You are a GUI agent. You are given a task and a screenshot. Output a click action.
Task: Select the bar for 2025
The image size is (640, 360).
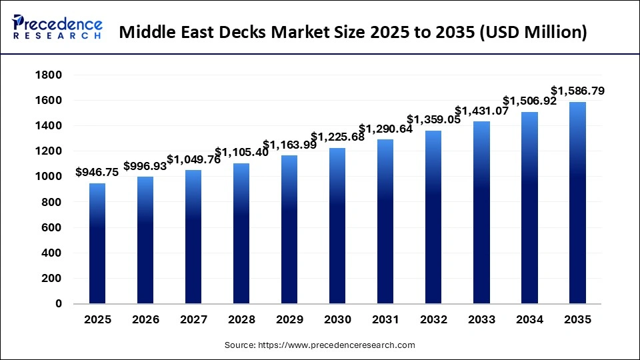point(97,243)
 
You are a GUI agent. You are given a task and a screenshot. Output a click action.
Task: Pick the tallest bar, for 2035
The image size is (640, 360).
point(577,203)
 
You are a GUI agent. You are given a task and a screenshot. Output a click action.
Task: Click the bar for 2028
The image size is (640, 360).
point(241,233)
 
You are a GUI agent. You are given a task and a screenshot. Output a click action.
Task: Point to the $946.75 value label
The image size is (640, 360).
point(97,172)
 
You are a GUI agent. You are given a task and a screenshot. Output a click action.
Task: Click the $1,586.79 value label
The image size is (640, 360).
point(577,91)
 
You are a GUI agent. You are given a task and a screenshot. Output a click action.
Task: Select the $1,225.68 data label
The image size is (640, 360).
point(337,137)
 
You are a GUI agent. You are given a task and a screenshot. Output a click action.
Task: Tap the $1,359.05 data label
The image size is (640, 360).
point(433,120)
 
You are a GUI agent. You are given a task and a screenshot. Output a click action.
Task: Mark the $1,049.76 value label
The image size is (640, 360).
point(193,159)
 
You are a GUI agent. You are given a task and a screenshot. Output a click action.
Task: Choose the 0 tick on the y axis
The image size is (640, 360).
point(59,304)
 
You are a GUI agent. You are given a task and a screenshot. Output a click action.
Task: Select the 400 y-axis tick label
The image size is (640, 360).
point(51,253)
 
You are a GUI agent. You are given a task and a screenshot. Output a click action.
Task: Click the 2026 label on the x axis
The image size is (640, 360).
point(145,320)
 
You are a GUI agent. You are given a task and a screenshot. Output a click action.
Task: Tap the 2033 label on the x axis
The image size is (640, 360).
point(481,320)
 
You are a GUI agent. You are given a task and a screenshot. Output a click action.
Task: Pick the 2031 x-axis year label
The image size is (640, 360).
point(385,320)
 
